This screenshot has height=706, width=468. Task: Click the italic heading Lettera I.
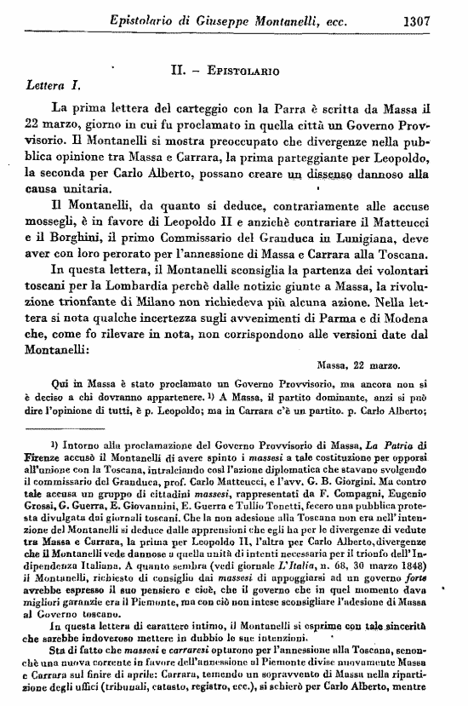(x=54, y=85)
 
